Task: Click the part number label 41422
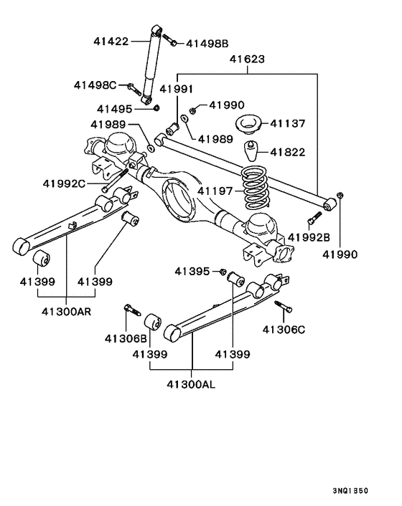(x=111, y=42)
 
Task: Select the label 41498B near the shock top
(x=209, y=43)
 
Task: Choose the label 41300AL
(x=190, y=383)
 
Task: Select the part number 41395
(x=192, y=271)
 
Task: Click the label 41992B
(x=309, y=237)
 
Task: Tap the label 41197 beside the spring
(x=216, y=191)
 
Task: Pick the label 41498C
(x=95, y=85)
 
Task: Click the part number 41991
(x=177, y=90)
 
